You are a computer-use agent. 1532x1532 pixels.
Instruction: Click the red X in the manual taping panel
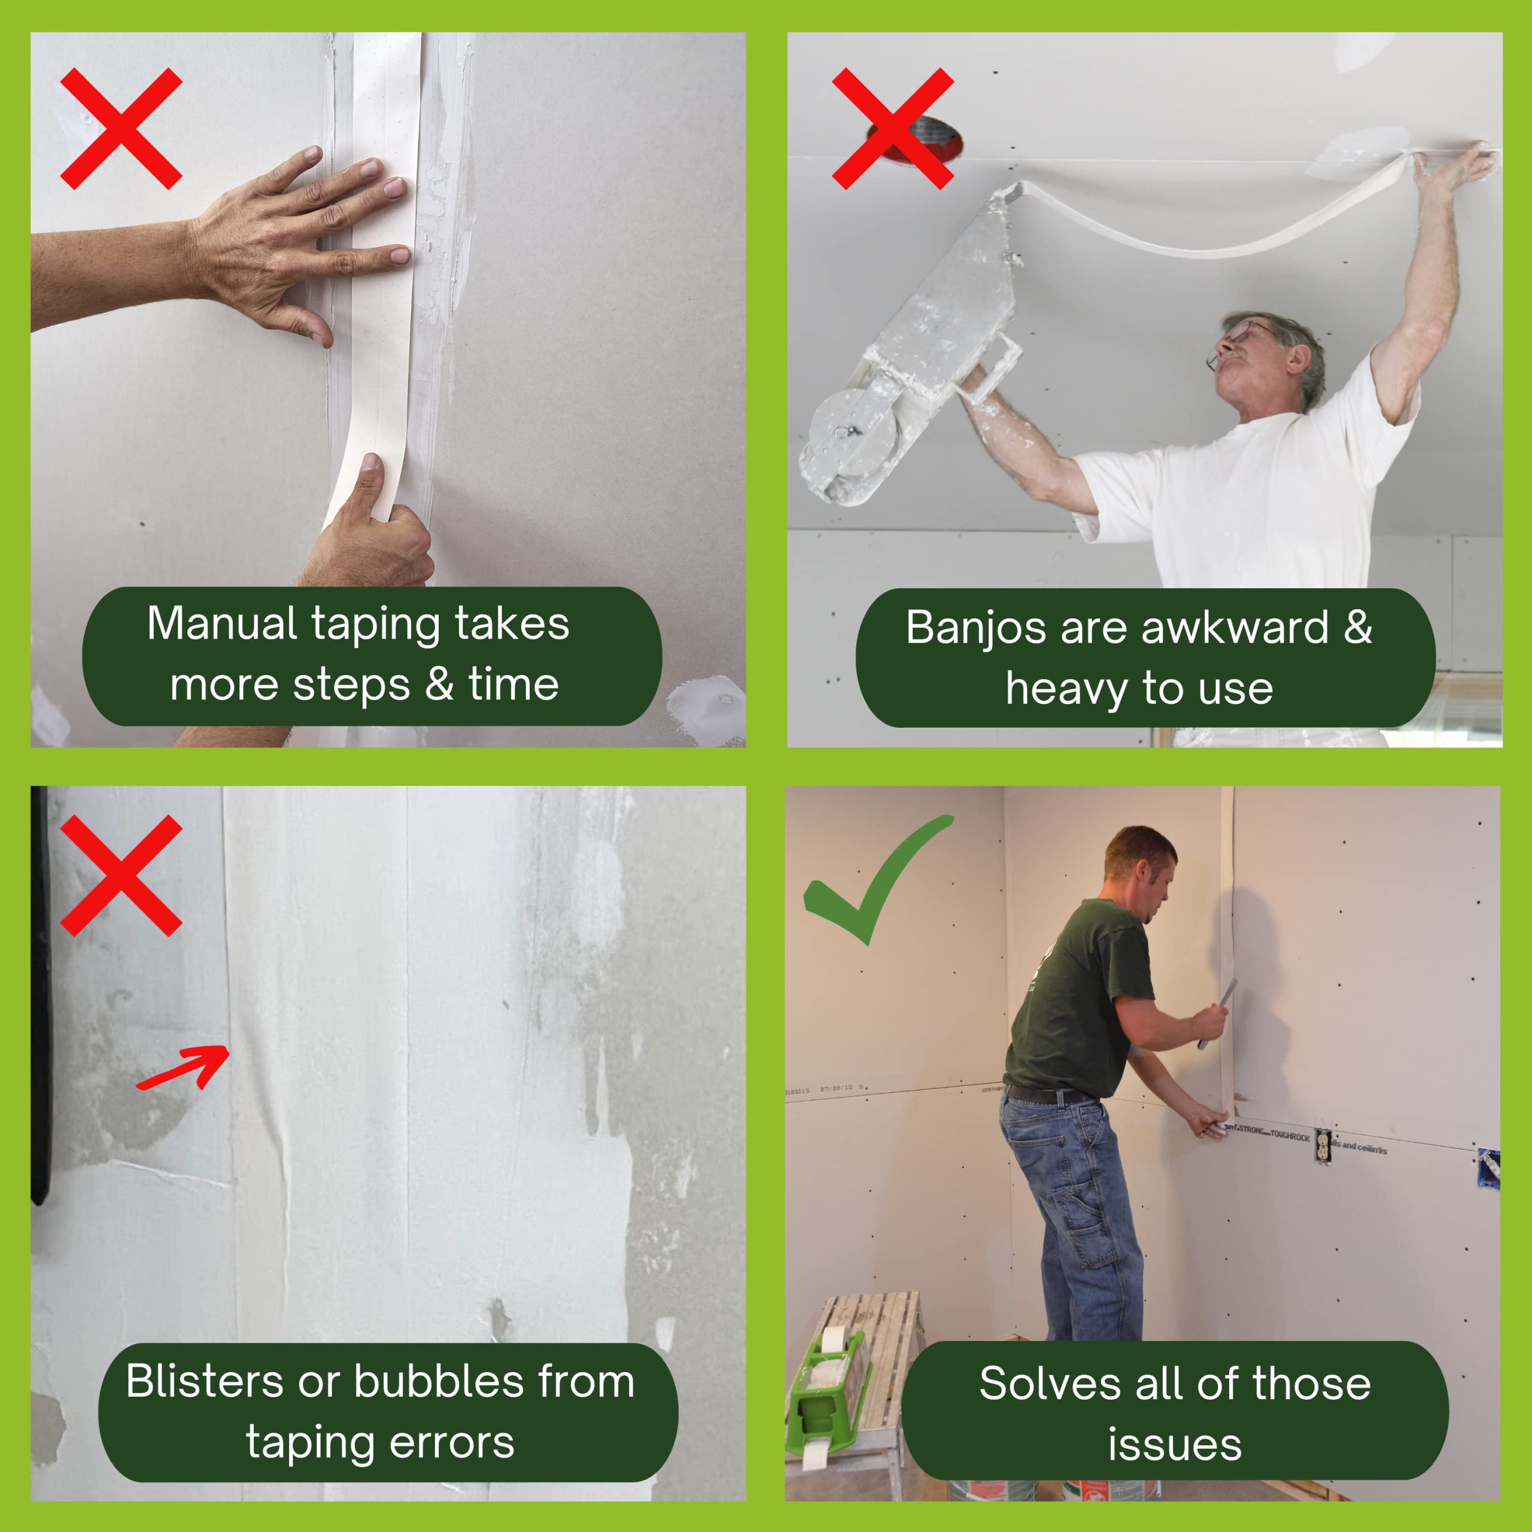(121, 129)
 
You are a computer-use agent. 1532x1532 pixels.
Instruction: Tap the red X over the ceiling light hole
(892, 129)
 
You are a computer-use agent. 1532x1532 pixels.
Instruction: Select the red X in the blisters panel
(121, 876)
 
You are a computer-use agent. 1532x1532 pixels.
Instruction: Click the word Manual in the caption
(222, 623)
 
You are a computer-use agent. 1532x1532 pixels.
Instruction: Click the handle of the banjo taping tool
(995, 365)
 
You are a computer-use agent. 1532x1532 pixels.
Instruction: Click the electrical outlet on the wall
(1322, 1145)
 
